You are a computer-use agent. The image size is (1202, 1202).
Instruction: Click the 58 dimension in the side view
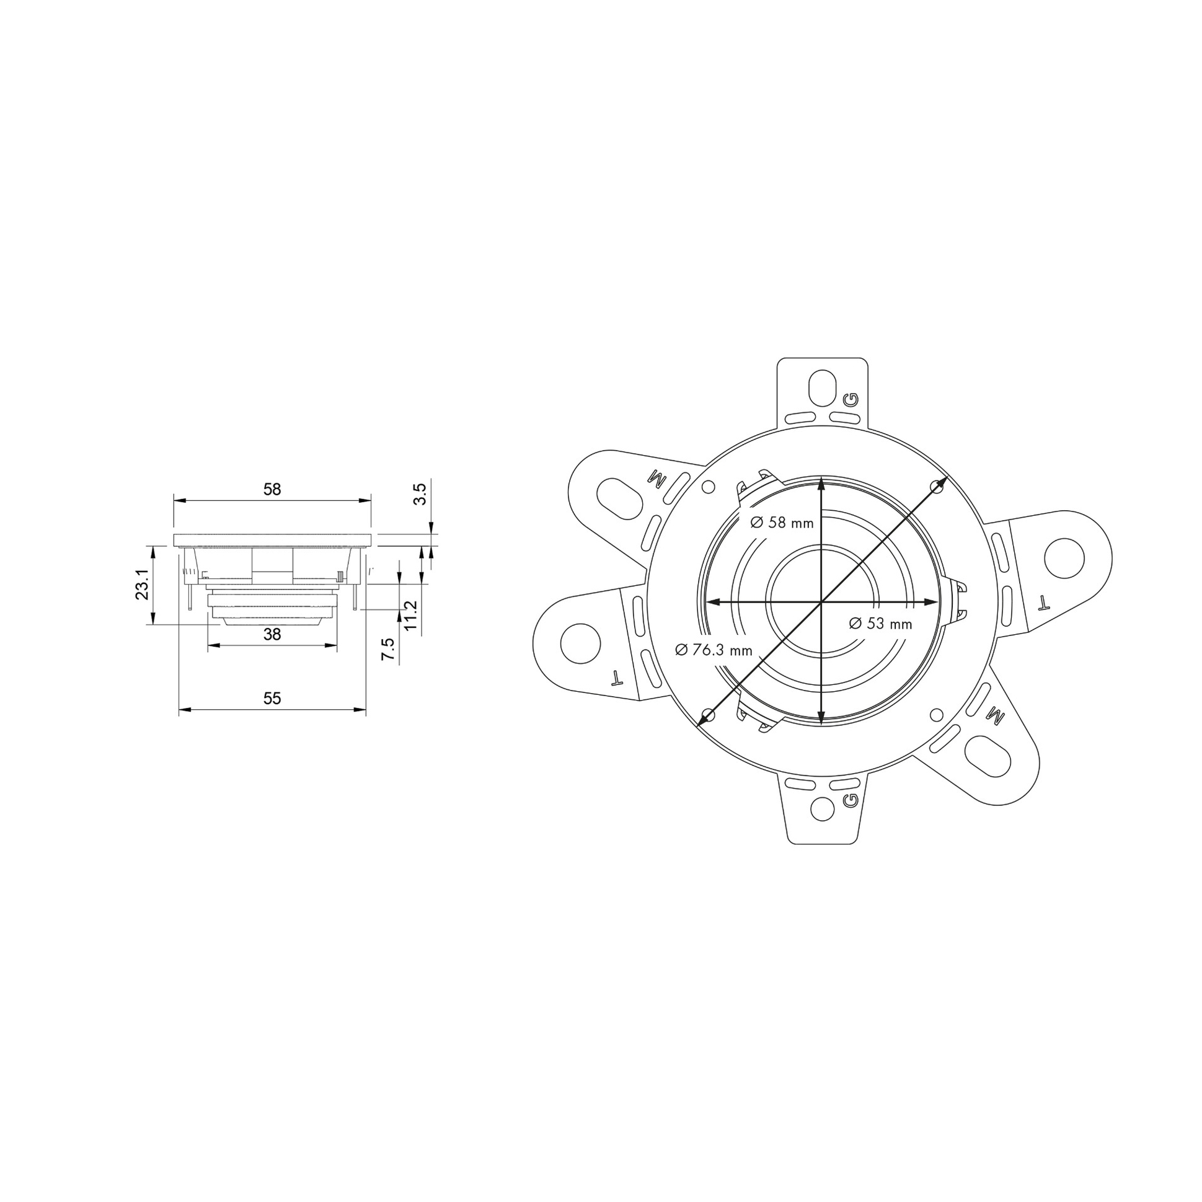[272, 489]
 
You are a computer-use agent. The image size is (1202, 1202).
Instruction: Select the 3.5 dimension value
[420, 494]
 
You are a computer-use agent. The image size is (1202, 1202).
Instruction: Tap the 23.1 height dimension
[143, 584]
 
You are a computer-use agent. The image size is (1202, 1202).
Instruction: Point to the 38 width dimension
[272, 634]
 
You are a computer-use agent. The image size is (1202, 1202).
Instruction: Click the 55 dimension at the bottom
[272, 698]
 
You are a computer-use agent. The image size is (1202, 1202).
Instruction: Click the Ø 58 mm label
[782, 523]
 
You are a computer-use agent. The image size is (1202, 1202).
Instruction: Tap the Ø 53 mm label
[880, 624]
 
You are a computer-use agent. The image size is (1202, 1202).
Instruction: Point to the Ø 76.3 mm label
[714, 650]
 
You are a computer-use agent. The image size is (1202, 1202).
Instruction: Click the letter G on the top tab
[851, 399]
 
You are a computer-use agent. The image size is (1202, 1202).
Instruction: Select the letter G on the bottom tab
[850, 800]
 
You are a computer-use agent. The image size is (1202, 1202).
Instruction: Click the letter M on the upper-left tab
[656, 478]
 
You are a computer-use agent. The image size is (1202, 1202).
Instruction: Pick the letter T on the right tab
[1044, 601]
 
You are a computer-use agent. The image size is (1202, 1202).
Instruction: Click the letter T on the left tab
[617, 677]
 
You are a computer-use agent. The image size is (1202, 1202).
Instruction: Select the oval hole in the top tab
[823, 387]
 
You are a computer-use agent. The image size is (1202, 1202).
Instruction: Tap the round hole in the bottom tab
[823, 808]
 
